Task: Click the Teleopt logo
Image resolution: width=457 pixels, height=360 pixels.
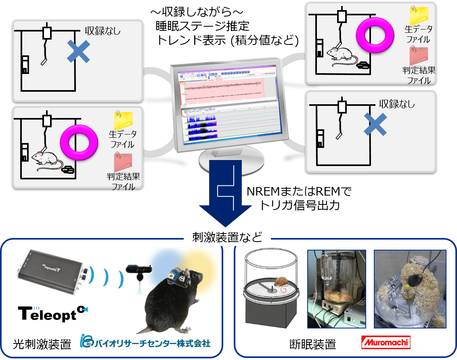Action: (x=53, y=314)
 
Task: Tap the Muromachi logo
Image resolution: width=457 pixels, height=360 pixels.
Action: (x=385, y=343)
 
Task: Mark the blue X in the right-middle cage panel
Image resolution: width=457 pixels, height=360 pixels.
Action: (x=376, y=124)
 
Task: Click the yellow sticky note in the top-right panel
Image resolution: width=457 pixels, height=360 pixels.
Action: (x=420, y=16)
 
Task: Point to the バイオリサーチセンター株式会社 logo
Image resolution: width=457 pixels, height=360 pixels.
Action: (x=145, y=343)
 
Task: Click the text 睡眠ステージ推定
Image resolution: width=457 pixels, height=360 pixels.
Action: (x=203, y=27)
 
